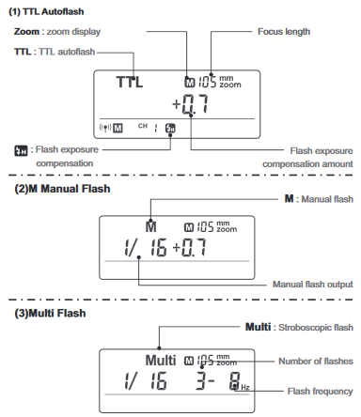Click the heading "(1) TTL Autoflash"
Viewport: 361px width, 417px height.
coord(46,11)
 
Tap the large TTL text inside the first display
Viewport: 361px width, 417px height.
coord(130,82)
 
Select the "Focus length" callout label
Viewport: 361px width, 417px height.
coord(284,32)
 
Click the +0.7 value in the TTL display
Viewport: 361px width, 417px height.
coord(191,104)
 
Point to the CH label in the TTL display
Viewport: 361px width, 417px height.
coord(143,126)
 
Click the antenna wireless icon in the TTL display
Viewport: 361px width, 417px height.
coord(105,128)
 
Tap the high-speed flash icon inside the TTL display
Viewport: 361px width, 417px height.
coord(170,128)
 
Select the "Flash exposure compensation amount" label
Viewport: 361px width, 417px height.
coord(307,158)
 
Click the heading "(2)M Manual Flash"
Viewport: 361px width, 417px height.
coord(62,189)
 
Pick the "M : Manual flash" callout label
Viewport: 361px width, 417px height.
coord(319,199)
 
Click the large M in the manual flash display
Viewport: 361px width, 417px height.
coord(150,226)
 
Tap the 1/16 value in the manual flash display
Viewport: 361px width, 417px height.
coord(146,247)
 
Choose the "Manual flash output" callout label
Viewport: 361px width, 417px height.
coord(313,285)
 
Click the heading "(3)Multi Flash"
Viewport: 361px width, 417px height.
coord(50,313)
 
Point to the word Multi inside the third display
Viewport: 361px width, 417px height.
coord(161,360)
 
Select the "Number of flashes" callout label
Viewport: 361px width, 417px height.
coord(316,362)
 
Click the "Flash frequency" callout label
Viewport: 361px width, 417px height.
coord(320,392)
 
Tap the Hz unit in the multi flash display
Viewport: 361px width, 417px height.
coord(245,387)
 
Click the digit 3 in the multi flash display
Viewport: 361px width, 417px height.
coord(200,380)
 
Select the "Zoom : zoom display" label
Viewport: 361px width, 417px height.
coord(57,32)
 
